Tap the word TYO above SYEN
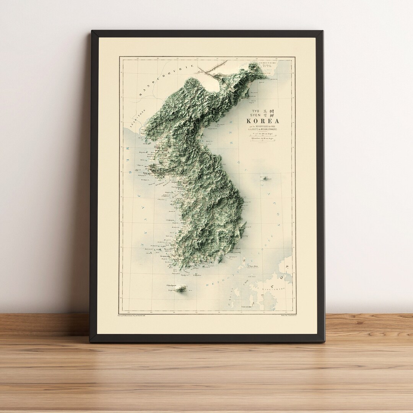point(255,111)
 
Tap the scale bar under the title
point(264,140)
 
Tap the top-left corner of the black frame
point(92,32)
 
